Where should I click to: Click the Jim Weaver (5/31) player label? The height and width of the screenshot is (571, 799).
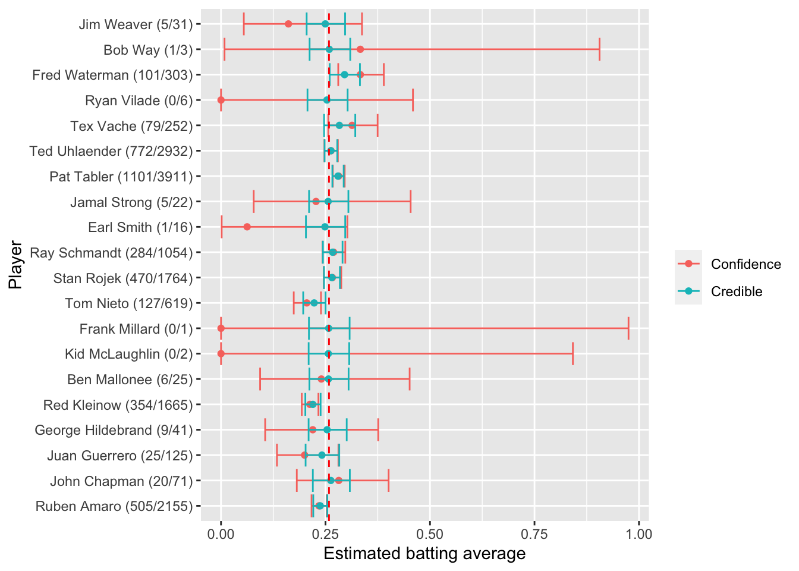click(136, 24)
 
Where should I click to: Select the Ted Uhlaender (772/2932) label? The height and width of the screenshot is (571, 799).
click(111, 151)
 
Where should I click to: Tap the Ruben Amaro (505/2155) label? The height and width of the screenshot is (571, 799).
click(114, 506)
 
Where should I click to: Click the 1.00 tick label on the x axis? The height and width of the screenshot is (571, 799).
click(638, 534)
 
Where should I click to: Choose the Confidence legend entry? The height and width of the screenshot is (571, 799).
click(745, 264)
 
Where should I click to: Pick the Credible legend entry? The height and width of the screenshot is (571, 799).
click(736, 291)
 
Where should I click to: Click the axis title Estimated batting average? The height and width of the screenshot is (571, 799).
click(424, 554)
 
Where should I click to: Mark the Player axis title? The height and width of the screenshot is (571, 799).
click(15, 265)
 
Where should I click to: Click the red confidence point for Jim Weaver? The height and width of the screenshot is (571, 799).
click(288, 24)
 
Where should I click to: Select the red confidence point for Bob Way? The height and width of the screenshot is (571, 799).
click(360, 49)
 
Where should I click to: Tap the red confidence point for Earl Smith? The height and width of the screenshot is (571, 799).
click(247, 227)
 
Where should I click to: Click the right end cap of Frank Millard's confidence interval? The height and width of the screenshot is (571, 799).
click(628, 328)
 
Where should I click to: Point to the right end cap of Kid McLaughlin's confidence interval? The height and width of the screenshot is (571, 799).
click(572, 354)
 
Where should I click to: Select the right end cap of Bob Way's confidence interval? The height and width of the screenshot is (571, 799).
click(599, 49)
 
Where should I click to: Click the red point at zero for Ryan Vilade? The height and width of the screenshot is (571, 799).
click(221, 100)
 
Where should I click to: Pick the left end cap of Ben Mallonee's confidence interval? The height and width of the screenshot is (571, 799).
click(260, 379)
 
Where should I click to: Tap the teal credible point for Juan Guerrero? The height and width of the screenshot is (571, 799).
click(322, 455)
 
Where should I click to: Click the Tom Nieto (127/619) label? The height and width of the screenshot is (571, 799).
click(129, 303)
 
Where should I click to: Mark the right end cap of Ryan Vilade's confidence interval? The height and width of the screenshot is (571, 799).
click(413, 100)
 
